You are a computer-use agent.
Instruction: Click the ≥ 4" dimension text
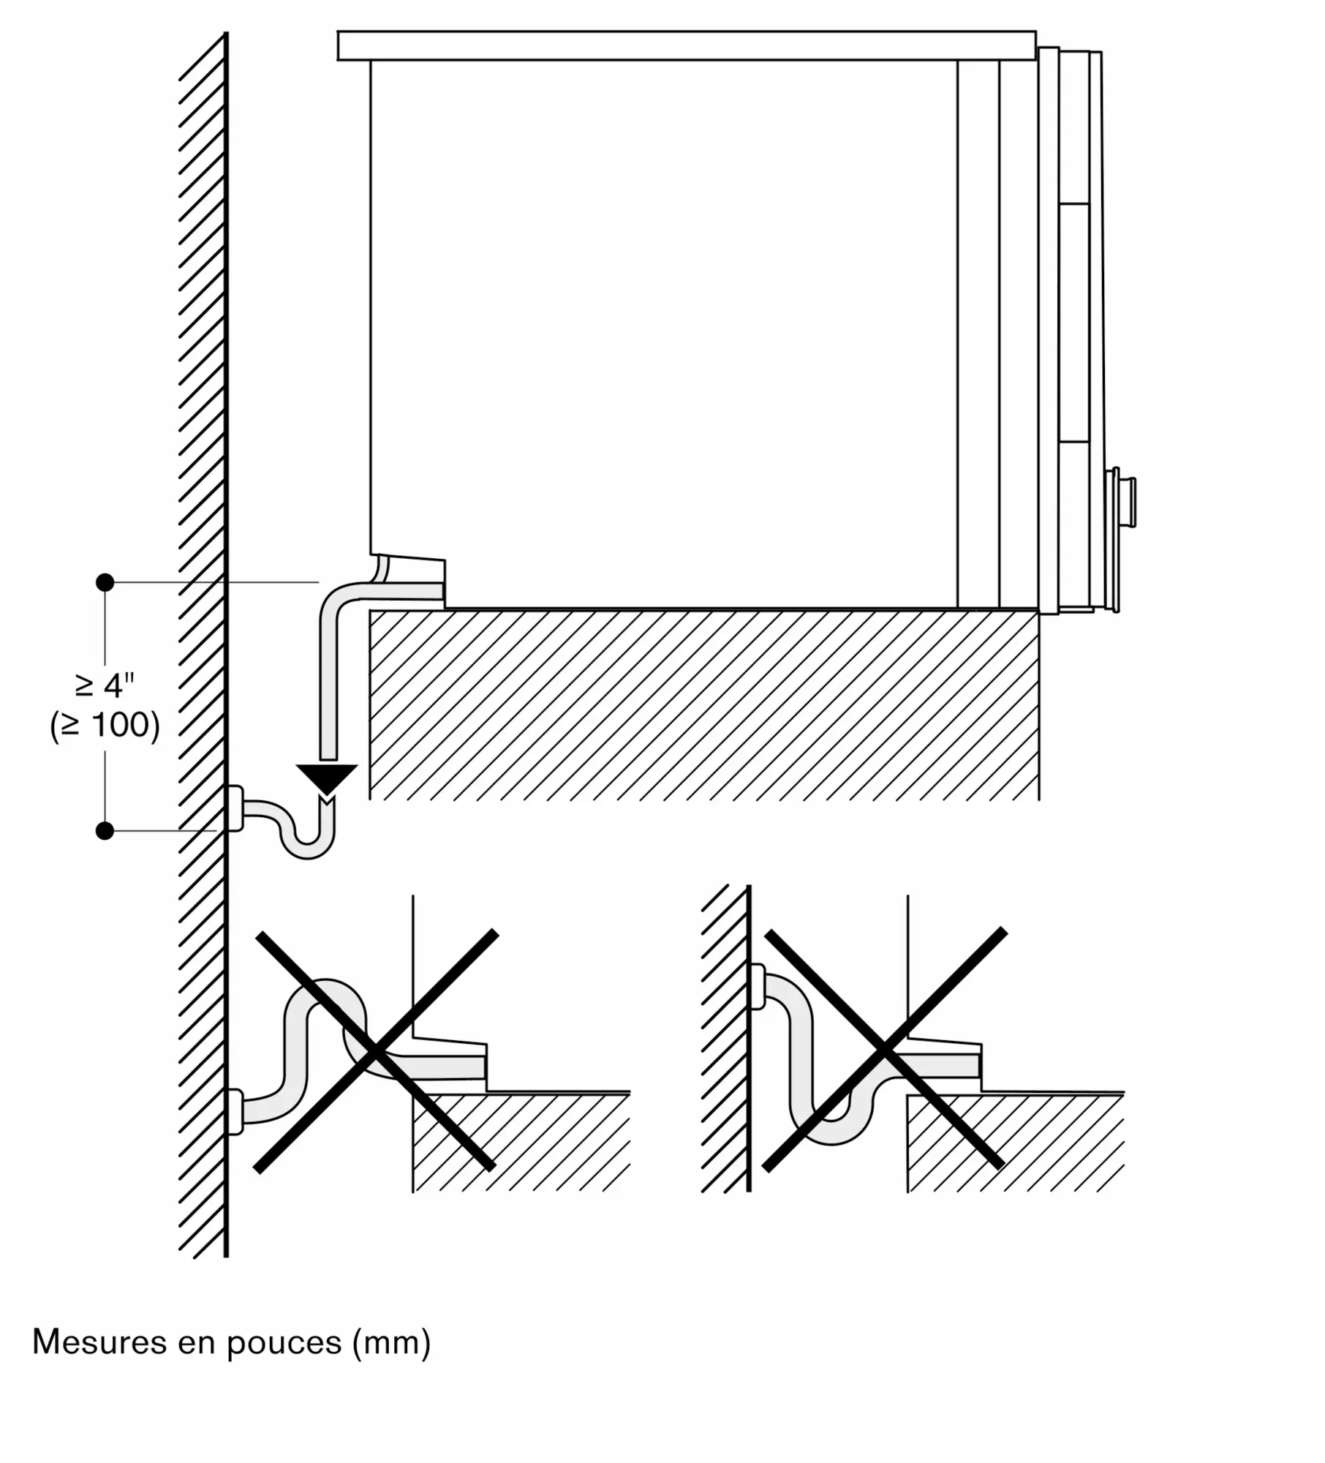click(105, 685)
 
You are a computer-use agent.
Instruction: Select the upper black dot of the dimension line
click(105, 582)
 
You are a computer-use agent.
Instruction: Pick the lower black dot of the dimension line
click(105, 831)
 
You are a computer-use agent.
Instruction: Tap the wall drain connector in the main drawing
click(235, 808)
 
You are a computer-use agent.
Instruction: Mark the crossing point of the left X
click(375, 1052)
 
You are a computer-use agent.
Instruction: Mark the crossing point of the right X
click(884, 1050)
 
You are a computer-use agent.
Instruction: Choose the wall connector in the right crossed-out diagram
click(758, 987)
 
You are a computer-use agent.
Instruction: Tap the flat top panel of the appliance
click(687, 45)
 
